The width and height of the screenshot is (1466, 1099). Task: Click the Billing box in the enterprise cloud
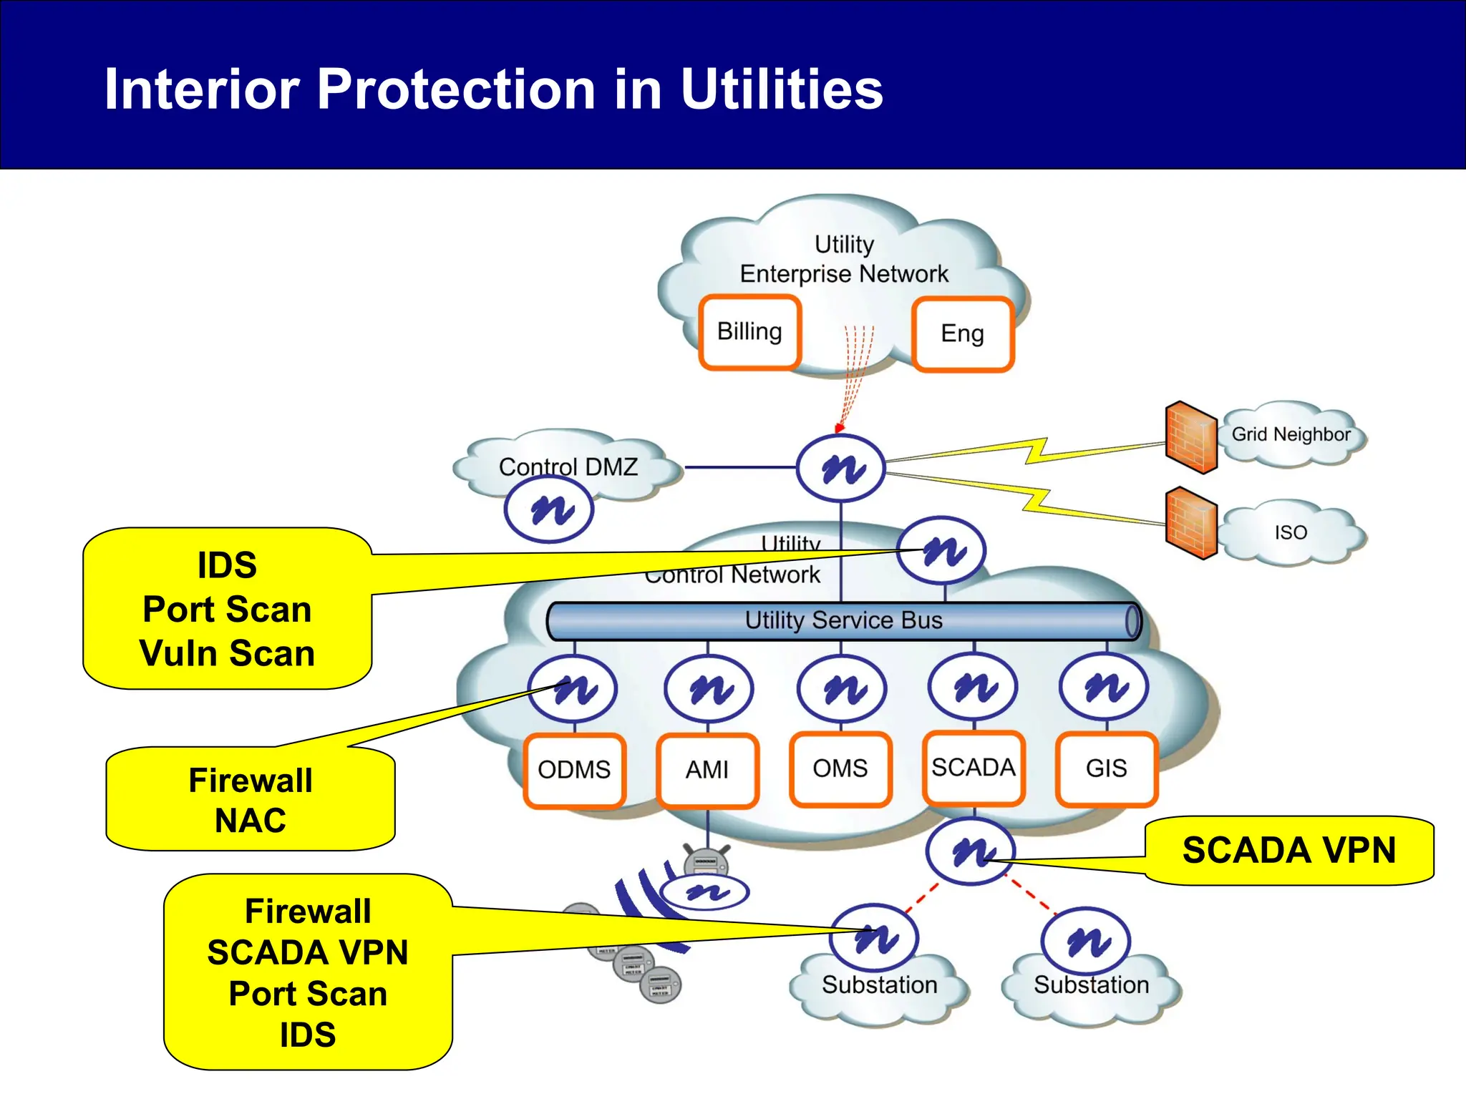749,332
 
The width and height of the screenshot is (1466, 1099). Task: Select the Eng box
962,334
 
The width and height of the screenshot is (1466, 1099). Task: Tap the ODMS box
574,770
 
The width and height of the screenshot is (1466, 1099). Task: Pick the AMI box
707,770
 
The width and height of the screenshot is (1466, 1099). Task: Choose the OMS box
840,768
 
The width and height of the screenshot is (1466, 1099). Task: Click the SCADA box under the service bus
974,768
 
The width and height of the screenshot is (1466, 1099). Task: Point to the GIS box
1106,768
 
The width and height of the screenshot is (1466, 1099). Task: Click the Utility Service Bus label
843,620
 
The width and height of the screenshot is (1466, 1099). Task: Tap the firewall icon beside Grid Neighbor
1191,437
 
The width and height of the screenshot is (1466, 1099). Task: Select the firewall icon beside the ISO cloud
1191,523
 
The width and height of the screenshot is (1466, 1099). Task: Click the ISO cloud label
1291,532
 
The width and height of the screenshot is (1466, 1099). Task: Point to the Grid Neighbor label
1291,434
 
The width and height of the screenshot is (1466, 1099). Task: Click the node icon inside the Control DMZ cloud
549,509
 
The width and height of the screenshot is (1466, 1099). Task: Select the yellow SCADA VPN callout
1288,851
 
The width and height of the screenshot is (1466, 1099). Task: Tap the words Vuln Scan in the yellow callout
227,653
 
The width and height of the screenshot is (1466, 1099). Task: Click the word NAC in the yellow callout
250,821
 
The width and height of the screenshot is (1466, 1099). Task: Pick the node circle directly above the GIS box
1105,687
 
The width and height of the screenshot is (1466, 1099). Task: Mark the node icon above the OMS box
842,688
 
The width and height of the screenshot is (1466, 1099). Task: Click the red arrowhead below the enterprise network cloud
839,429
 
